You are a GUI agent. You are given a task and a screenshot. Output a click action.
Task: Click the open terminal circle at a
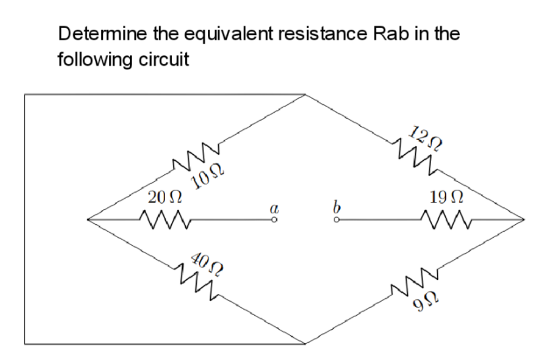pyautogui.click(x=275, y=220)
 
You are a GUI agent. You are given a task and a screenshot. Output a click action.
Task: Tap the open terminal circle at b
pyautogui.click(x=336, y=220)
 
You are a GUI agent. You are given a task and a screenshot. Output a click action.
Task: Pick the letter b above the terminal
pyautogui.click(x=336, y=206)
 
